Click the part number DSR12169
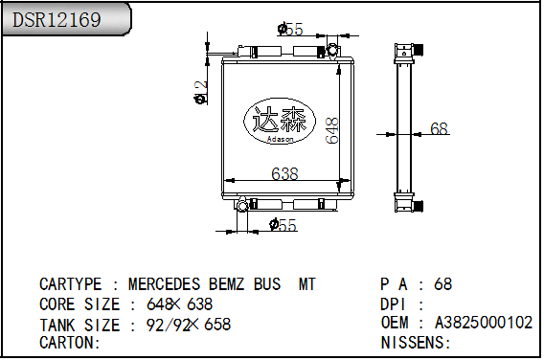click(57, 19)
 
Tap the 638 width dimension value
click(284, 173)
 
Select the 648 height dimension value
click(332, 130)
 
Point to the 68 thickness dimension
click(439, 128)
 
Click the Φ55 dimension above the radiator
click(290, 29)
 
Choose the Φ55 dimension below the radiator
click(283, 225)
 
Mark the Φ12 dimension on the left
click(201, 93)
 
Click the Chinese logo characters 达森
click(280, 120)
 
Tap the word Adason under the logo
click(280, 140)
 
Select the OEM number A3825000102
click(484, 323)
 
